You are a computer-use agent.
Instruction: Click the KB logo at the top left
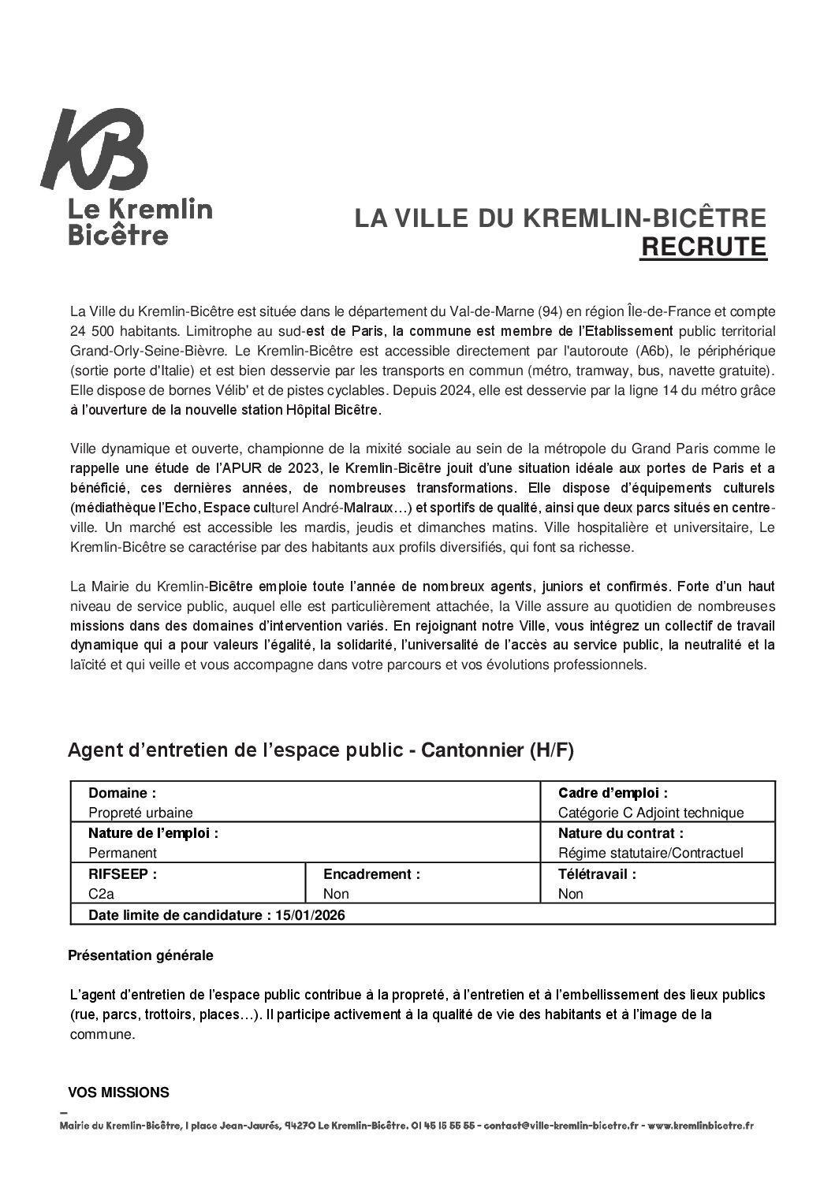click(94, 151)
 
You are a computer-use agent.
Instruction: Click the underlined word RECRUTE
click(703, 247)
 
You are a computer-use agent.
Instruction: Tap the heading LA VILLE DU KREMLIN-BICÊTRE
click(560, 218)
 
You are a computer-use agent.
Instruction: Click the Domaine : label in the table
click(122, 792)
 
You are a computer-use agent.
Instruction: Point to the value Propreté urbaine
click(140, 812)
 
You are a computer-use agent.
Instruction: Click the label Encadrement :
click(371, 874)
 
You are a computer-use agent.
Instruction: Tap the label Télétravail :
click(596, 874)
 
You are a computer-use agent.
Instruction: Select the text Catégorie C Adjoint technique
click(650, 812)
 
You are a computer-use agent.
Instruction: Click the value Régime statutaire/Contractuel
click(650, 853)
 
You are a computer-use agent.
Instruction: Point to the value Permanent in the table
click(122, 853)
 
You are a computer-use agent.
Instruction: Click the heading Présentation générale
click(140, 955)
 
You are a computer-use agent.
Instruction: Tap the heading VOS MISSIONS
click(118, 1093)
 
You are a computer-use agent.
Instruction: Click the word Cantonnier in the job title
click(473, 750)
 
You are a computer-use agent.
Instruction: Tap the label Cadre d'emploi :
click(613, 792)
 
